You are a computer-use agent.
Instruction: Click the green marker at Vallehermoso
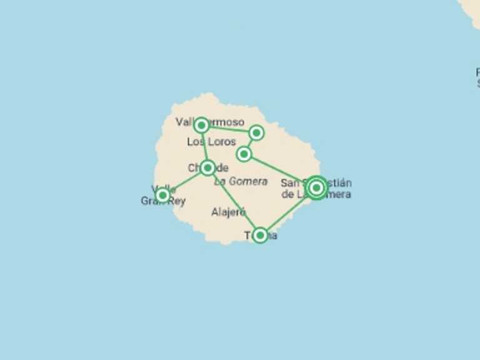(x=201, y=126)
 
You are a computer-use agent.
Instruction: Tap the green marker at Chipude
(x=208, y=167)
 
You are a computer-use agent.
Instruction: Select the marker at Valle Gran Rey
(x=162, y=195)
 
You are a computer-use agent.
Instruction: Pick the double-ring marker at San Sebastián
(x=316, y=187)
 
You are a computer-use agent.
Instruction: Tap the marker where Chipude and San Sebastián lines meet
(x=260, y=235)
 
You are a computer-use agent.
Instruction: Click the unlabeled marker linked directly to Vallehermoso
(x=256, y=132)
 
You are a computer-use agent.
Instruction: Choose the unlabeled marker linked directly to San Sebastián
(x=244, y=154)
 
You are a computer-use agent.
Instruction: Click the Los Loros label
(x=211, y=142)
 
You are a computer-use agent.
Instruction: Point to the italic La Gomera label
(x=241, y=181)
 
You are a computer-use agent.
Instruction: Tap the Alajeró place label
(x=228, y=212)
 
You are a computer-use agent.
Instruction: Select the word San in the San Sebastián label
(x=289, y=183)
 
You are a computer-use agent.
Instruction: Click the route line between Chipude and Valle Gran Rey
(x=185, y=181)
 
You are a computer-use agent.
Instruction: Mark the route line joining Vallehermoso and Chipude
(x=204, y=146)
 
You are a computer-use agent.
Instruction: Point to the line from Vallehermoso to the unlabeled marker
(x=228, y=129)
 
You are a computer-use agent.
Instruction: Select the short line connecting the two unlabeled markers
(x=250, y=143)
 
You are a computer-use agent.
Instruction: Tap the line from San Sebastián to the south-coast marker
(x=288, y=211)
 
